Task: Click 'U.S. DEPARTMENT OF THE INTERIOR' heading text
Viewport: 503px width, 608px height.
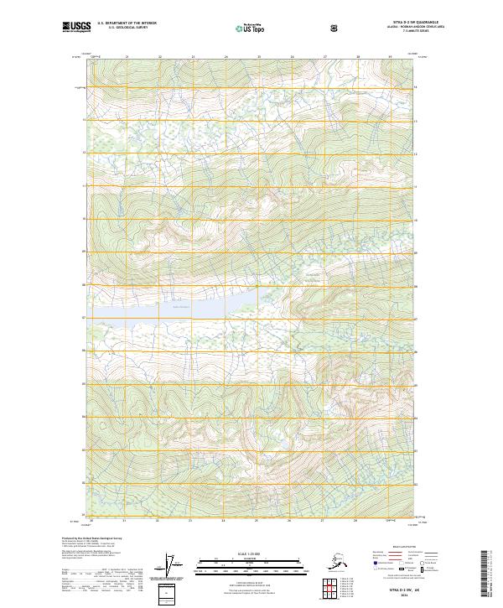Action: pyautogui.click(x=127, y=23)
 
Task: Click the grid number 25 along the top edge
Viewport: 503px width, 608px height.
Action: pyautogui.click(x=259, y=57)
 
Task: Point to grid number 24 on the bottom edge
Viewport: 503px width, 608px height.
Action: pyautogui.click(x=223, y=520)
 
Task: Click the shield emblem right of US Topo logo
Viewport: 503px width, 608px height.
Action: pyautogui.click(x=335, y=28)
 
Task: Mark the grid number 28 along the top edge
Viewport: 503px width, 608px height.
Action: pyautogui.click(x=358, y=57)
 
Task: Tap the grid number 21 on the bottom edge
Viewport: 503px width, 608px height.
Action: pyautogui.click(x=124, y=520)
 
